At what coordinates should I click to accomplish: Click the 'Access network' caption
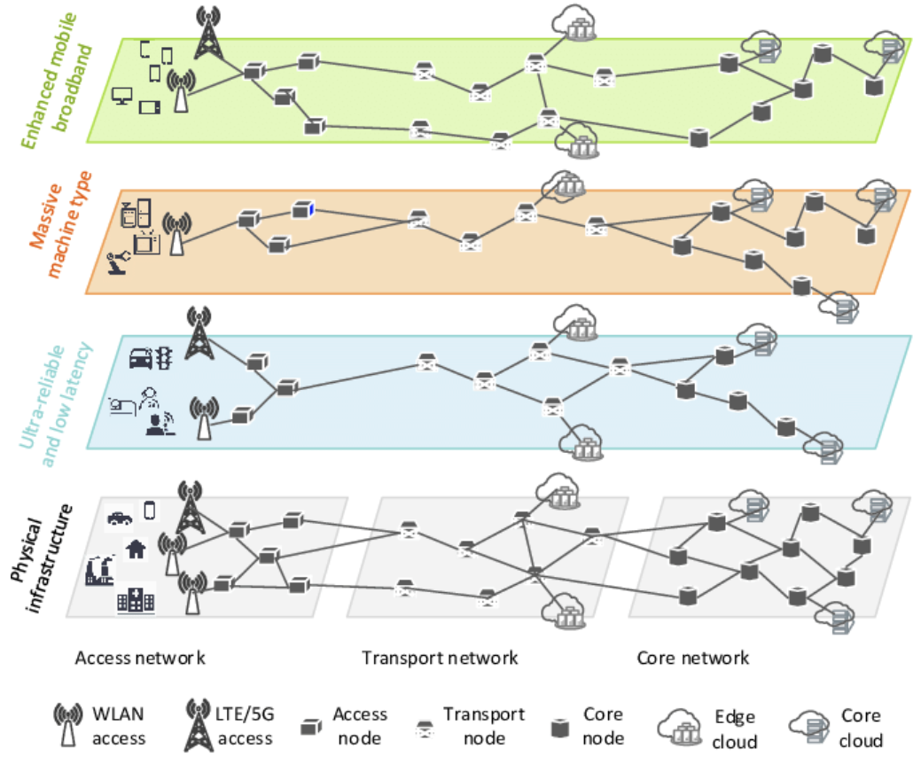(x=140, y=659)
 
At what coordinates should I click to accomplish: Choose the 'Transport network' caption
(x=440, y=659)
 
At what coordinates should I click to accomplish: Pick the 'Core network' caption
(x=693, y=659)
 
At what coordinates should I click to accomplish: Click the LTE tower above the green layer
(x=208, y=34)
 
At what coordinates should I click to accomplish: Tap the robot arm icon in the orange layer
(x=116, y=262)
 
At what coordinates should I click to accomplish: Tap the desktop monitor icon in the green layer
(x=122, y=96)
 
